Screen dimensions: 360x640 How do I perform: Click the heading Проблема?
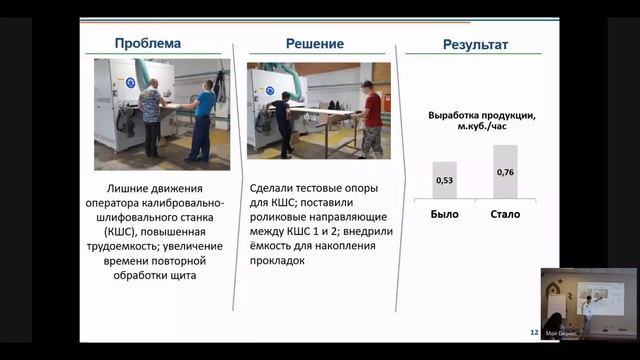click(147, 44)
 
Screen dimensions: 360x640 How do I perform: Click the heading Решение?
click(315, 44)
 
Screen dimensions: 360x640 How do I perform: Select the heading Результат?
click(476, 45)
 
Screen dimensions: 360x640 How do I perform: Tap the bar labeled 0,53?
click(444, 181)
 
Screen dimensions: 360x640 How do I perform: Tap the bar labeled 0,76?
click(505, 173)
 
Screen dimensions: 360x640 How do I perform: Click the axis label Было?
click(444, 214)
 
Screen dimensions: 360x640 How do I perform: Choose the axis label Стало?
click(505, 214)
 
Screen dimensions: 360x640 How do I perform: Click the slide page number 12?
click(533, 333)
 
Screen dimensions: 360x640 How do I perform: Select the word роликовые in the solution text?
click(277, 215)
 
